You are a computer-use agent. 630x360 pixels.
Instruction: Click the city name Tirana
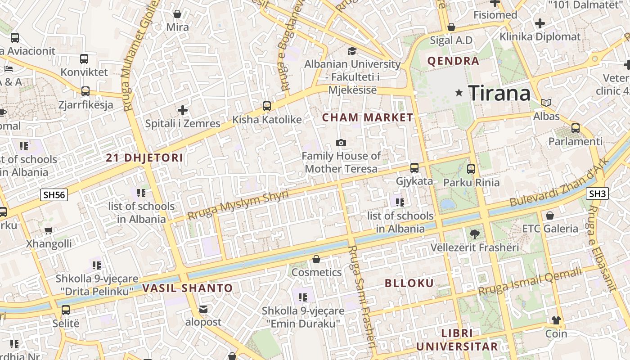coord(499,93)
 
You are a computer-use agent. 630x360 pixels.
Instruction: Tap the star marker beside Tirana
coord(459,93)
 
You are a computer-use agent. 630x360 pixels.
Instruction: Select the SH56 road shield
coord(54,195)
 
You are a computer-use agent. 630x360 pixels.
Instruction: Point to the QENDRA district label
coord(453,61)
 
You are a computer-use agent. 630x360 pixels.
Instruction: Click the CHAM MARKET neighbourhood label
coord(368,118)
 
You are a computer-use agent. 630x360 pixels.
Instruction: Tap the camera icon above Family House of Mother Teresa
coord(341,143)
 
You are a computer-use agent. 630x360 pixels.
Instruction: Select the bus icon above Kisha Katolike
coord(267,106)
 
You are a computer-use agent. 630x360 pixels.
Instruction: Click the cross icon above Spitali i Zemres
coord(183,110)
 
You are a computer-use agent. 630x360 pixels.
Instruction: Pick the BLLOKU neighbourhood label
coord(409,283)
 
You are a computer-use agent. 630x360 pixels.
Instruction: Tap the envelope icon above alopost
coord(203,309)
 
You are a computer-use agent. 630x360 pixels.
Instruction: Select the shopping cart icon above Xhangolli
coord(49,230)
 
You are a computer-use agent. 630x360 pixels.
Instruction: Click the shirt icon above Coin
coord(556,320)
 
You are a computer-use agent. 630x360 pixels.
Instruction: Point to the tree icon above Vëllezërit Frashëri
coord(474,234)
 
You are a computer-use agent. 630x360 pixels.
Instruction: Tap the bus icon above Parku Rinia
coord(471,169)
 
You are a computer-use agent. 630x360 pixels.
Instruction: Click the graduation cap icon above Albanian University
coord(352,51)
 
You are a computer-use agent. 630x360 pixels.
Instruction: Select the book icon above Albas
coord(546,103)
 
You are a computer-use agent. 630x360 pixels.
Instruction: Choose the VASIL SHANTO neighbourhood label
coord(188,288)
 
